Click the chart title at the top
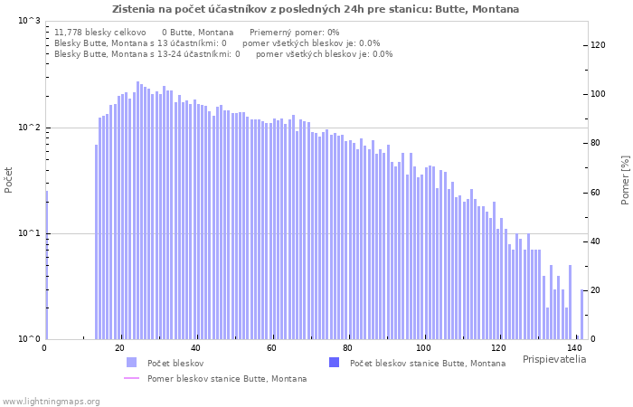pyautogui.click(x=316, y=9)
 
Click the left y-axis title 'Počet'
pyautogui.click(x=9, y=179)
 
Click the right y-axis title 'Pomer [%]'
pyautogui.click(x=624, y=179)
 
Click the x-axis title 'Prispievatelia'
pyautogui.click(x=553, y=359)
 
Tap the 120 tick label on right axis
pyautogui.click(x=599, y=45)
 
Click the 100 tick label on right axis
pyautogui.click(x=599, y=94)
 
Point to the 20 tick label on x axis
pyautogui.click(x=120, y=348)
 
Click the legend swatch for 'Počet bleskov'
pyautogui.click(x=131, y=363)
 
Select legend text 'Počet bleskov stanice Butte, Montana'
pyautogui.click(x=427, y=363)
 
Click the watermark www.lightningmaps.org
pyautogui.click(x=51, y=401)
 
